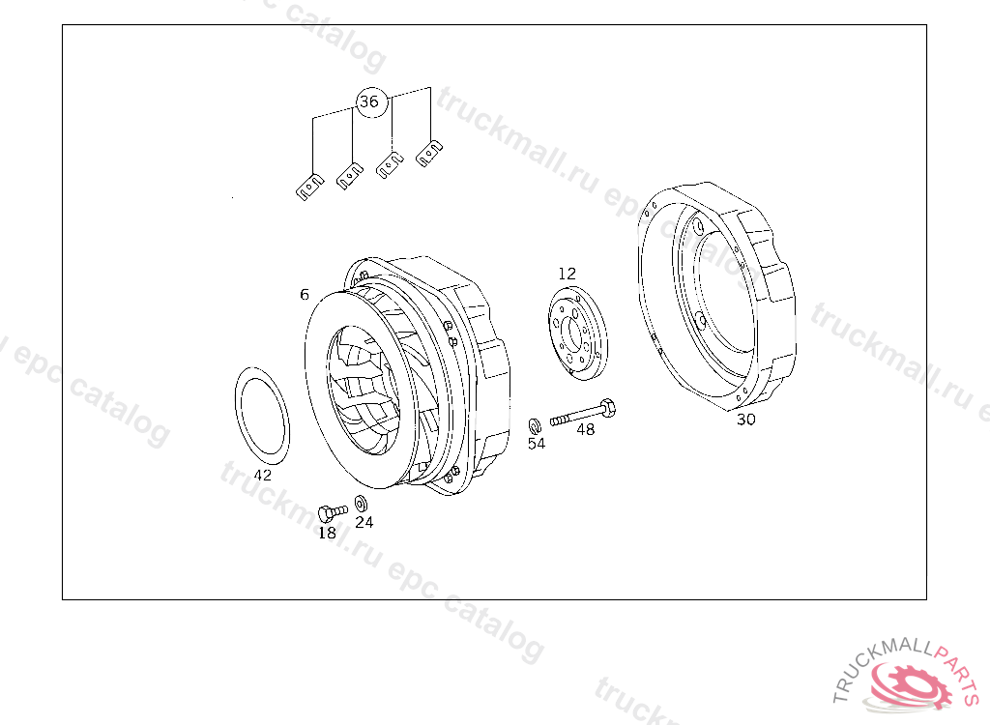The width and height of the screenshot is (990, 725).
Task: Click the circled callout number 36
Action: [x=369, y=101]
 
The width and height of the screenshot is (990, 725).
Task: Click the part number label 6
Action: [x=305, y=294]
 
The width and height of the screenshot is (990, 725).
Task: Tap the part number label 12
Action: [x=567, y=274]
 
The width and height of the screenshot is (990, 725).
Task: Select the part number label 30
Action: [x=746, y=420]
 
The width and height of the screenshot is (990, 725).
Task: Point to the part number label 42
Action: [x=263, y=475]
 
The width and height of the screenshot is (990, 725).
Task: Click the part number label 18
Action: [x=327, y=533]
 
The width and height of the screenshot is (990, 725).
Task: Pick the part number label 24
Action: [x=364, y=522]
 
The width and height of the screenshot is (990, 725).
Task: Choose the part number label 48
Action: [x=586, y=429]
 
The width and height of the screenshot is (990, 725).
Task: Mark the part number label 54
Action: [x=537, y=444]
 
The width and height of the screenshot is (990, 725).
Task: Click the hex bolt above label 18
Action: [x=333, y=512]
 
